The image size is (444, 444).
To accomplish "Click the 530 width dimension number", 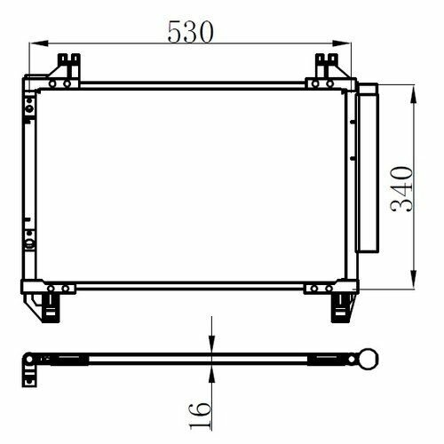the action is tap(190, 32).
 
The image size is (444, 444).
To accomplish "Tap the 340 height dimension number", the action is tap(401, 189).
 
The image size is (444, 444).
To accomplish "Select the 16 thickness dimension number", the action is tap(201, 416).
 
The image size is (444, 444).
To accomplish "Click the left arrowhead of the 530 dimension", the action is tap(39, 44).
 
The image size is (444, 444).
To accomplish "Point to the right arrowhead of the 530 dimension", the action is tap(341, 44).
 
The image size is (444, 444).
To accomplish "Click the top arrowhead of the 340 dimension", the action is tap(414, 94).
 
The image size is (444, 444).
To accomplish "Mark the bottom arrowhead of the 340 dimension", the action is tap(414, 279).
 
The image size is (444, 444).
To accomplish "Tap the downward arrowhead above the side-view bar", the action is tap(211, 345).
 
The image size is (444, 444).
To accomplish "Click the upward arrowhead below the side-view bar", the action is tap(211, 374).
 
